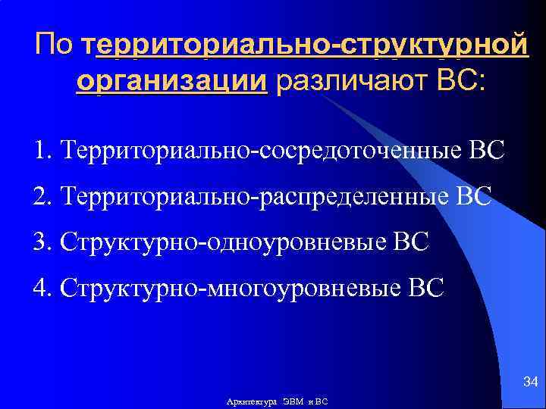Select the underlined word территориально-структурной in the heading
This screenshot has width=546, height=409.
coord(306,45)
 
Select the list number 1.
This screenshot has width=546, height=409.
coord(40,149)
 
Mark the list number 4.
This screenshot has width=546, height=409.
coord(40,289)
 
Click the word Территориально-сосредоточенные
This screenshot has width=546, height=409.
coord(259,149)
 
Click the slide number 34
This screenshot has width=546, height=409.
coord(530,379)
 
